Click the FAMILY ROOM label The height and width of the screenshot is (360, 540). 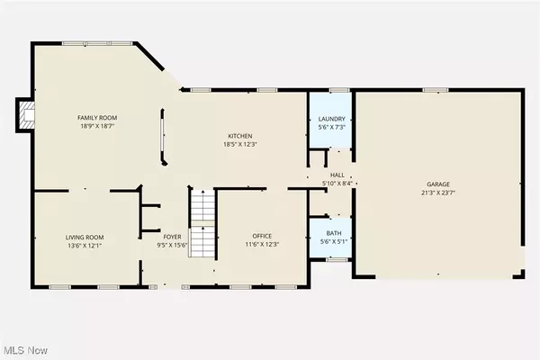coord(98,118)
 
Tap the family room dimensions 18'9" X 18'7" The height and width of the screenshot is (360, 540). coord(98,127)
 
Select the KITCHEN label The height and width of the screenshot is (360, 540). coord(238,135)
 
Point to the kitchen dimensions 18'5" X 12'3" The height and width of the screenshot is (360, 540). coord(238,144)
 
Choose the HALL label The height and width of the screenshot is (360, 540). coord(337,175)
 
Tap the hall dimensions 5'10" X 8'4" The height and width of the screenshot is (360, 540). coord(337,184)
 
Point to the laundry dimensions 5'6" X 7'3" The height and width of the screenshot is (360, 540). coord(329,125)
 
